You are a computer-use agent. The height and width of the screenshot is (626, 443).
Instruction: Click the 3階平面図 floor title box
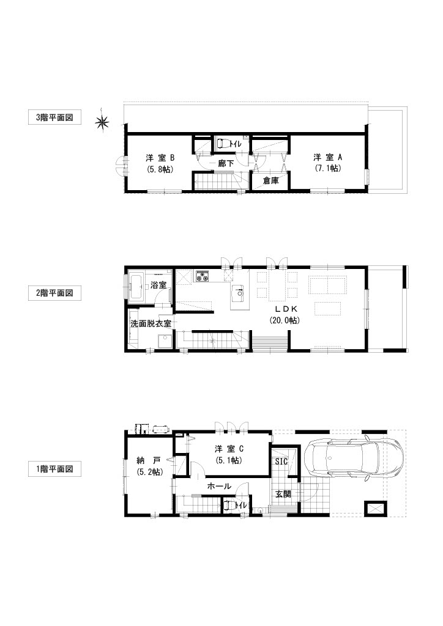54,118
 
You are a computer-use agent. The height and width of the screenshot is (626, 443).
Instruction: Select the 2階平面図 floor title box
54,293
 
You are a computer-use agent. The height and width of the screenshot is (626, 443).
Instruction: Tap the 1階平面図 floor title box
54,469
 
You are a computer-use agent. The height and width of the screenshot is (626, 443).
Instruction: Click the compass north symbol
102,122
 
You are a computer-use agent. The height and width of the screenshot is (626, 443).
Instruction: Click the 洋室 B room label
160,157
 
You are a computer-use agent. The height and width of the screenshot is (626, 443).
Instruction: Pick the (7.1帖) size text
327,169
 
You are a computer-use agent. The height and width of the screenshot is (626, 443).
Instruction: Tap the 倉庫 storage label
271,180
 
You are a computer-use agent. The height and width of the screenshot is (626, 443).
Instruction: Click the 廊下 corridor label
226,163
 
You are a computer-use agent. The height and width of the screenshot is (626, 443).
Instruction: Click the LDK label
284,309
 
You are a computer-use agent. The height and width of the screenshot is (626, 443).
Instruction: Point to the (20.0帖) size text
284,320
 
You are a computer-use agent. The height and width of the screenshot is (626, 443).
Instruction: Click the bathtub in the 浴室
137,287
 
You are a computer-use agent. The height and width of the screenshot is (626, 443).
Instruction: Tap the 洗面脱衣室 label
151,323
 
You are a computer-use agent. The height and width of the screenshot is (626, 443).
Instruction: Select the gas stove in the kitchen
202,276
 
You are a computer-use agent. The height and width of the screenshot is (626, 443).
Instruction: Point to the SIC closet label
281,462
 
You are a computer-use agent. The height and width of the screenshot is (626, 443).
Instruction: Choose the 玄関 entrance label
283,494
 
